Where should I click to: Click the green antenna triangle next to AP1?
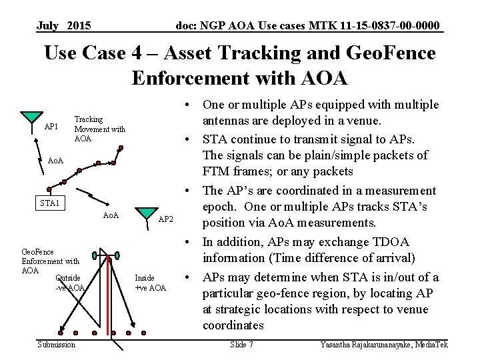31,117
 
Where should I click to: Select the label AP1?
51,127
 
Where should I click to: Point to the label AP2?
166,219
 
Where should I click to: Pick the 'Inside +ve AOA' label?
150,283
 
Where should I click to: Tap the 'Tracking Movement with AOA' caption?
99,129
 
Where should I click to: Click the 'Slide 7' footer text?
241,344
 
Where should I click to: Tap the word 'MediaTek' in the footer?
432,344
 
